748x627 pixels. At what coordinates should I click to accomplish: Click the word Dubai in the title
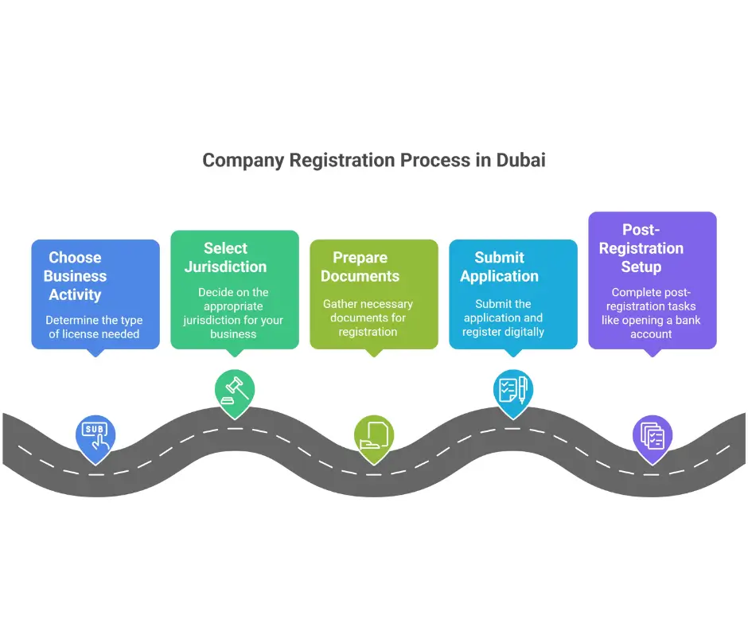click(x=520, y=160)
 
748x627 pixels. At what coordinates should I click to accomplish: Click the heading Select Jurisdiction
click(x=225, y=258)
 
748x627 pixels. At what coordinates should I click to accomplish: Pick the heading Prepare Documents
click(x=360, y=267)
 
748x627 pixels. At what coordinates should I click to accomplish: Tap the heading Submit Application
click(x=499, y=267)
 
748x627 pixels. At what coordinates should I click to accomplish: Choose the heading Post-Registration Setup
click(x=641, y=248)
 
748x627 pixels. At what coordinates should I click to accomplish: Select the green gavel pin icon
click(x=235, y=389)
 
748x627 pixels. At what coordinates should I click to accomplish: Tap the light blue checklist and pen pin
click(x=513, y=389)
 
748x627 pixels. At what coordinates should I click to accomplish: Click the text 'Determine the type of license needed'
click(x=94, y=327)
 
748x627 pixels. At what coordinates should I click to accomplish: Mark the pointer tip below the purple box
click(x=653, y=352)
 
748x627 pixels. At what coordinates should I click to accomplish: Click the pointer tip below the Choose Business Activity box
click(x=95, y=352)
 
